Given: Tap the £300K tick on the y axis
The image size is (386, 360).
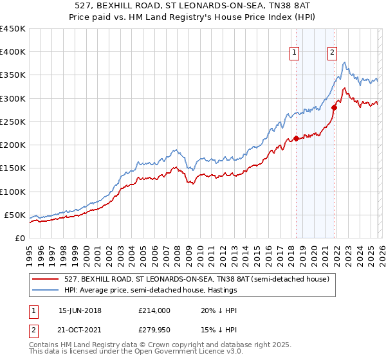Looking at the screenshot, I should click(x=12, y=98).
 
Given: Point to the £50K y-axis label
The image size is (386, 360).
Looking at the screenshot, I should click(x=15, y=215).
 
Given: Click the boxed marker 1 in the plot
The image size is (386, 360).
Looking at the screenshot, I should click(x=295, y=53).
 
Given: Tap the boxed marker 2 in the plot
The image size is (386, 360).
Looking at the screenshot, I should click(x=333, y=53).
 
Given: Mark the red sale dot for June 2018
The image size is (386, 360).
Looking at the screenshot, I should click(x=296, y=138).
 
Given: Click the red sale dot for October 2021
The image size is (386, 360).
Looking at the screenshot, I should click(x=334, y=107).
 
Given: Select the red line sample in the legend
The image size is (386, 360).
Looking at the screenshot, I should click(x=46, y=279).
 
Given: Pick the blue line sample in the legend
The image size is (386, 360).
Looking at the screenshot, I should click(x=46, y=290).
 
